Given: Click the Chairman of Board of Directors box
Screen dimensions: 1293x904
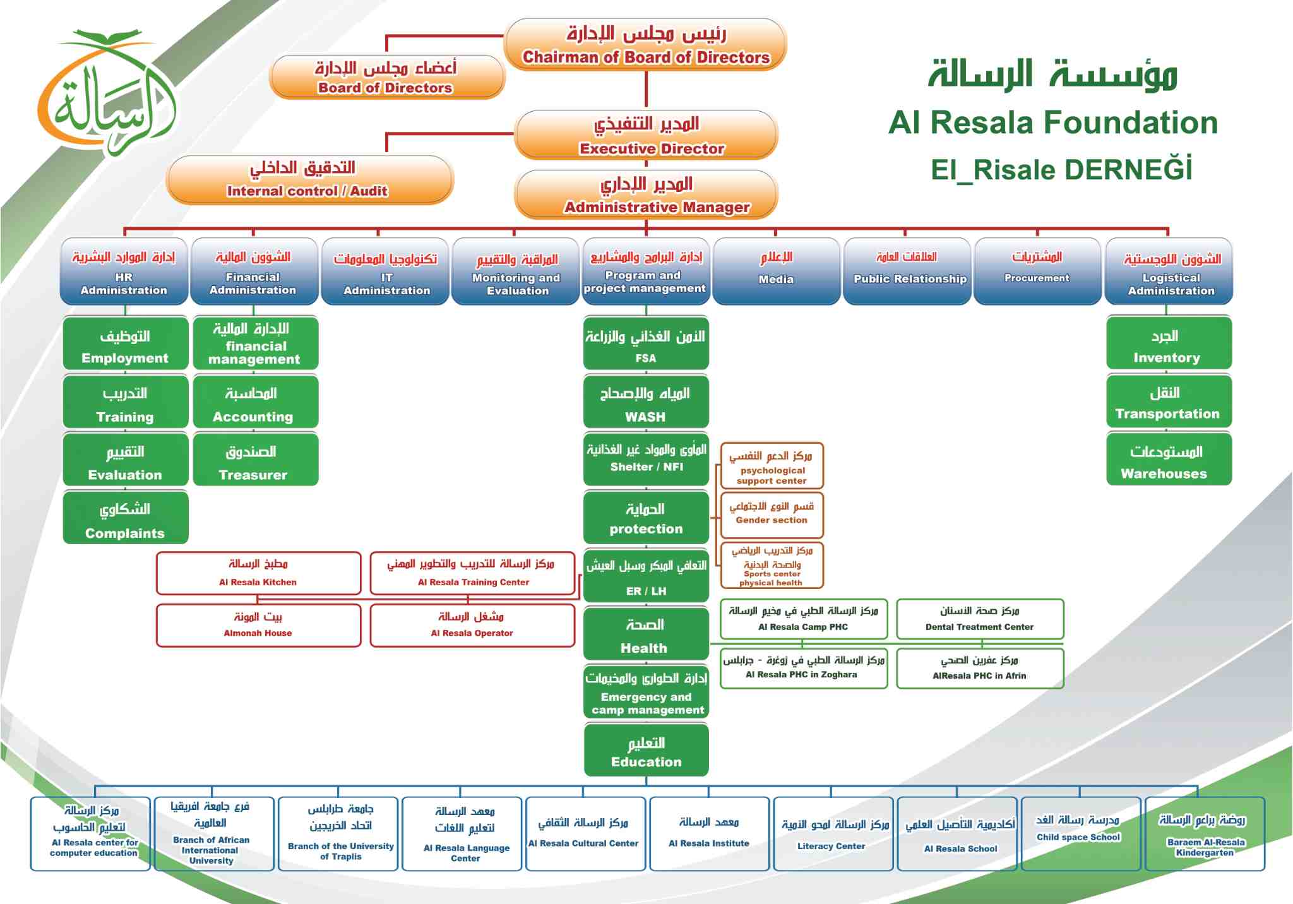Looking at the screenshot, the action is click(x=645, y=44).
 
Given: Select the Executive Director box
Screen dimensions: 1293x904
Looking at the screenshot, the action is click(x=646, y=135).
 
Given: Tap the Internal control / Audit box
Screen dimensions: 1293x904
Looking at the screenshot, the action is click(x=309, y=180).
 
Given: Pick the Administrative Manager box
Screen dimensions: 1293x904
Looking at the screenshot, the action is click(x=646, y=194).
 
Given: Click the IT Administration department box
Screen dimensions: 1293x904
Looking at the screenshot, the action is click(x=385, y=271).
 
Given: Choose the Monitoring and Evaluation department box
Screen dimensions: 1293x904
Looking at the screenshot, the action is click(x=516, y=271).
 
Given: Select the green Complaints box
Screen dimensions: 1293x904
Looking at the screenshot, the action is click(x=126, y=518).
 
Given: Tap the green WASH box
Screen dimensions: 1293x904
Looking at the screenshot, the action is click(x=646, y=401).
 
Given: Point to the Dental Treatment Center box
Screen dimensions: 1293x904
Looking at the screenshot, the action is click(x=980, y=619).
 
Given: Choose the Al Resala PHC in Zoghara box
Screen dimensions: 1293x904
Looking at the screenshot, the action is click(x=804, y=668).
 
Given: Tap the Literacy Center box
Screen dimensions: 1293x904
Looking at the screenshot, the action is click(x=833, y=834).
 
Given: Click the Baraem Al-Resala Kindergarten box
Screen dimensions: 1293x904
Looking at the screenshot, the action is click(x=1205, y=834).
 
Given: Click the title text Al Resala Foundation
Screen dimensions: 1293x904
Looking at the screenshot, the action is click(x=1053, y=122).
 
